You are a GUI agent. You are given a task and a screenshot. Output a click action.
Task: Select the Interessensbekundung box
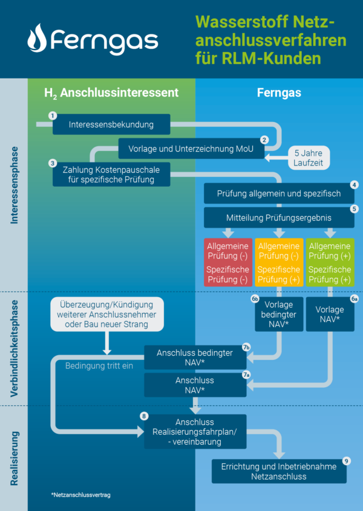111,125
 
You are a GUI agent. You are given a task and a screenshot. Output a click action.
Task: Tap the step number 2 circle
264,139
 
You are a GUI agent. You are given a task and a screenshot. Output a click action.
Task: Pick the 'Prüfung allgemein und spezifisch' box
279,194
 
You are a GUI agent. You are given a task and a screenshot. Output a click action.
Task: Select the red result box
228,263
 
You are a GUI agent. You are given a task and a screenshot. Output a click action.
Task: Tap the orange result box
278,263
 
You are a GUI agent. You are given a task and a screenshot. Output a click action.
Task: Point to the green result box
330,263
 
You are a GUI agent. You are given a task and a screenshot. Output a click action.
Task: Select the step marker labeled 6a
355,298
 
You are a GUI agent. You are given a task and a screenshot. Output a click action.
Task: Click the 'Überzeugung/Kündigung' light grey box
107,314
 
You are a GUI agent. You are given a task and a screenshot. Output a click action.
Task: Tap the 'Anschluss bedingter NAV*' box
195,358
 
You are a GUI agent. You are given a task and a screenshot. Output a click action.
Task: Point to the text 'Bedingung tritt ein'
99,366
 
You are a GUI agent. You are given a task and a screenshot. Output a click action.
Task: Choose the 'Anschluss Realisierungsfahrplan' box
195,431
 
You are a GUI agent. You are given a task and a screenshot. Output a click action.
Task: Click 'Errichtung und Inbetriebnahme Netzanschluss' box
279,472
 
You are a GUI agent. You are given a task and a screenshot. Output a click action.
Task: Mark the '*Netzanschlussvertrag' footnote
80,495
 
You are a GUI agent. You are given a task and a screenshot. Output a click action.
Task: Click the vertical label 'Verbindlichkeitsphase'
14,349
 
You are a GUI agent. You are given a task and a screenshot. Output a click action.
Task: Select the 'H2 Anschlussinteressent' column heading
111,93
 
